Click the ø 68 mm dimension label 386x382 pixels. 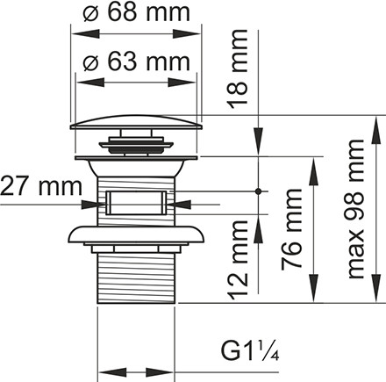[x=137, y=12]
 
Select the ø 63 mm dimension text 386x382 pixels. [x=137, y=61]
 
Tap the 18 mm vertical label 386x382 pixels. [x=238, y=69]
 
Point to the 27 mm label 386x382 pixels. [x=41, y=186]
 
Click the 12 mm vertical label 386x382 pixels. [x=238, y=260]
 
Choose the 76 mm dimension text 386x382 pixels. [x=291, y=229]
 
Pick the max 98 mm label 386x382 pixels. [x=355, y=209]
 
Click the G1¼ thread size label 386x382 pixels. [x=250, y=351]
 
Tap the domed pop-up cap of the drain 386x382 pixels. [x=136, y=122]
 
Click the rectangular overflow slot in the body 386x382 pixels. [x=136, y=203]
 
